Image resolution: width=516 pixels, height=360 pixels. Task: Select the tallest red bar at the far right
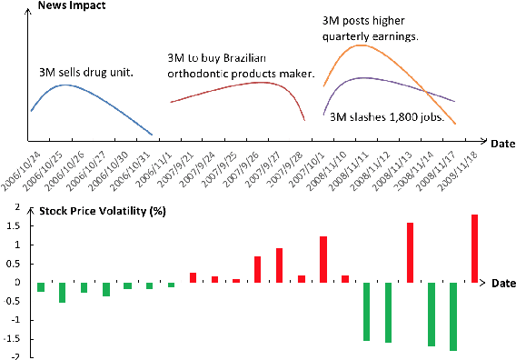474,247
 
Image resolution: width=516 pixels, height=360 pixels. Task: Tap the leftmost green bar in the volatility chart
41,286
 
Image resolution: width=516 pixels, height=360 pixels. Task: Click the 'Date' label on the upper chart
501,143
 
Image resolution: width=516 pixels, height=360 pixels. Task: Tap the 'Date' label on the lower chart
503,284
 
